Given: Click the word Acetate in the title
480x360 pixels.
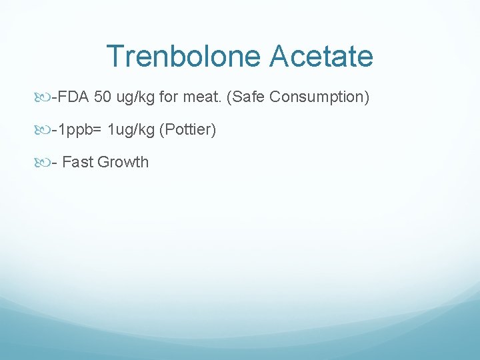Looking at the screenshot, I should [x=321, y=57].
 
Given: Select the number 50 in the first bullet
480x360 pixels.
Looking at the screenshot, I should [x=103, y=97].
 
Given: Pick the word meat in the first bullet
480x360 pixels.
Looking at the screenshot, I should [x=202, y=97].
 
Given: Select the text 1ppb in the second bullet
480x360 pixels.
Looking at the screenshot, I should [x=75, y=129].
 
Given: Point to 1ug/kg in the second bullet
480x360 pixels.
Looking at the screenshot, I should [x=131, y=129].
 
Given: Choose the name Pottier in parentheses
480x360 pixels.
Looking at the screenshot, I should [x=187, y=129].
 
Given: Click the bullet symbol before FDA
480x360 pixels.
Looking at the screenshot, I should [x=43, y=98].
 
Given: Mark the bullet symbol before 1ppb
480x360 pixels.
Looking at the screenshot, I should [x=43, y=130].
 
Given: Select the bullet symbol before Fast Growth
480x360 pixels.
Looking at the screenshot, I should [x=43, y=163].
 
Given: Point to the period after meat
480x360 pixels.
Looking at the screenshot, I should [x=221, y=101].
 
